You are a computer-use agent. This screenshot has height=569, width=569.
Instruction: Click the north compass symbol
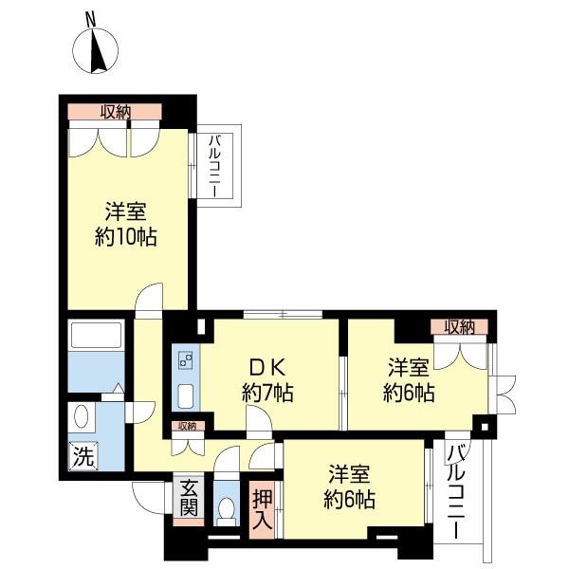(x=96, y=50)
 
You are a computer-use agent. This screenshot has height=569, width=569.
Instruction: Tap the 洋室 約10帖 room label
(x=125, y=224)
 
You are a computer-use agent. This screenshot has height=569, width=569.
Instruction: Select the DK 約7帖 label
(x=267, y=380)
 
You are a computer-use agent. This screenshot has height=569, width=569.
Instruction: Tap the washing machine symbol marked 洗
(x=83, y=456)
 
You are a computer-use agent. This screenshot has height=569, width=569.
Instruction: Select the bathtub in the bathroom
(x=96, y=335)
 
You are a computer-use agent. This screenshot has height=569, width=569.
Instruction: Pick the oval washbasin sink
(x=81, y=416)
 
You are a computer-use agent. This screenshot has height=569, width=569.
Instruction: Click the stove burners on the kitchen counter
(x=185, y=360)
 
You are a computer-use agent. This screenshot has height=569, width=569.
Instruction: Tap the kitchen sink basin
(x=186, y=396)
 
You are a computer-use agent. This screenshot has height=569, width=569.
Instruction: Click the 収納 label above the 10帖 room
(x=116, y=112)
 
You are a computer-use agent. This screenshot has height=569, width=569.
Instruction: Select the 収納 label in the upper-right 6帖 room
(x=460, y=328)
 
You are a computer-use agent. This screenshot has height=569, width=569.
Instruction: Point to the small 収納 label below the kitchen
(x=188, y=427)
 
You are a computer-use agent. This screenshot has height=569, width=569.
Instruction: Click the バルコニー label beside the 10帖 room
(x=214, y=166)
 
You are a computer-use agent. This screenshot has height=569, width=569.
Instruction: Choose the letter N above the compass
(x=91, y=20)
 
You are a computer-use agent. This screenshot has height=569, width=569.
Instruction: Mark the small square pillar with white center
(x=485, y=427)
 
